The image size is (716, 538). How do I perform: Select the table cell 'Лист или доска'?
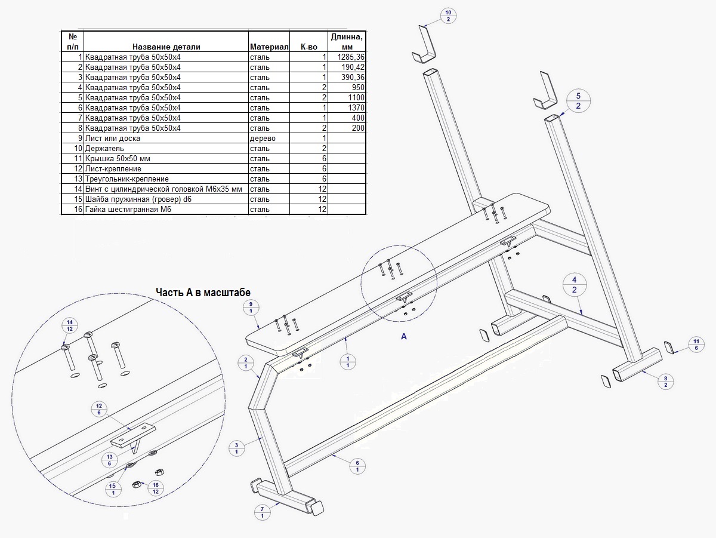point(113,139)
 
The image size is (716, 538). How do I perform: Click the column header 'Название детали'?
point(166,47)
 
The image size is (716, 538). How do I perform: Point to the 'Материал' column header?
point(269,47)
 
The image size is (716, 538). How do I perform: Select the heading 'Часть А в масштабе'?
point(203,292)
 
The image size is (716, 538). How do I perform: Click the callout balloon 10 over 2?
point(449,16)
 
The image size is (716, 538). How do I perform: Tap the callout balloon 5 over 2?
point(578,101)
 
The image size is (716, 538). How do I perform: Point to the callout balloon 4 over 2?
point(574,285)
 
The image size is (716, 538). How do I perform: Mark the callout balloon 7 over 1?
point(263,512)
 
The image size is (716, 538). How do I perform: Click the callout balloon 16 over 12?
point(156,487)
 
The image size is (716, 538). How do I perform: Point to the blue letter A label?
point(404,337)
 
